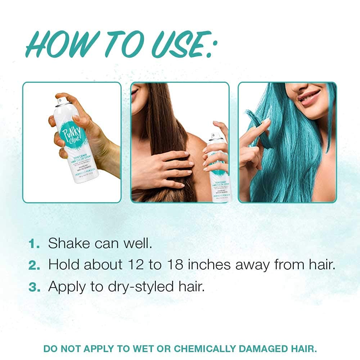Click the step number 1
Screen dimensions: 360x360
(x=34, y=244)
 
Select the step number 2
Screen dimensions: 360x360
(x=35, y=265)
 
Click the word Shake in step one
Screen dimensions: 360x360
(x=69, y=243)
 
